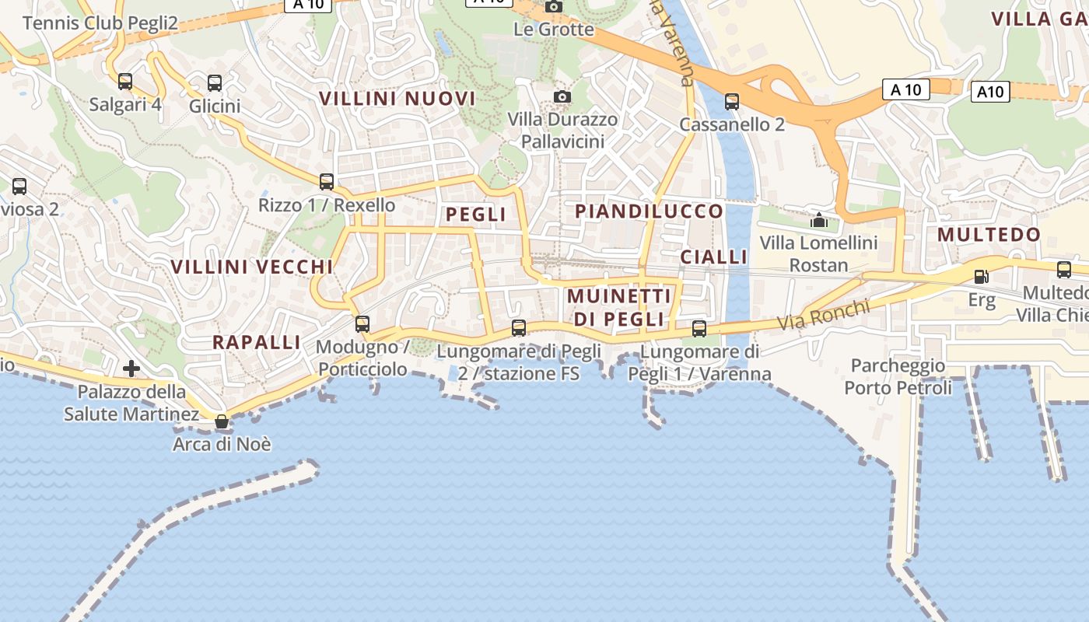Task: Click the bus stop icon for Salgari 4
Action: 125,82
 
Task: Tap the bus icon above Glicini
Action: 215,83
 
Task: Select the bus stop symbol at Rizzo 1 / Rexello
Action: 327,182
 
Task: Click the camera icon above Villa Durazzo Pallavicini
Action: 562,96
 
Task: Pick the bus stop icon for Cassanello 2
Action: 731,102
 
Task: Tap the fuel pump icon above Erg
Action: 981,276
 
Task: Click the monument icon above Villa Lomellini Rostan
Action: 818,221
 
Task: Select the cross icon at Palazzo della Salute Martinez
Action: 131,368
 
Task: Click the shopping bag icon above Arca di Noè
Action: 222,422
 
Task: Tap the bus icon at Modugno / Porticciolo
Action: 362,324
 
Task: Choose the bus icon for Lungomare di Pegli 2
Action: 519,328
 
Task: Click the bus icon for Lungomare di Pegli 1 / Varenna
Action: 699,329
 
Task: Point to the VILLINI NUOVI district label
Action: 397,99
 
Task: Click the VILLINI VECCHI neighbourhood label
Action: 251,267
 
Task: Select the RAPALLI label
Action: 256,342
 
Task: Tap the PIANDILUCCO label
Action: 649,211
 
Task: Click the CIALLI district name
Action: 713,257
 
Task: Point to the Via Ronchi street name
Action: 824,313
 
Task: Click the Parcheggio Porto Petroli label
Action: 898,376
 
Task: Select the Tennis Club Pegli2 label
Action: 100,23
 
